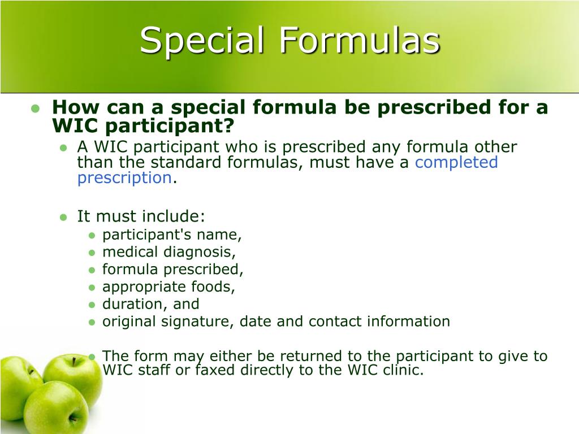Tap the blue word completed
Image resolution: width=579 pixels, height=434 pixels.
coord(456,163)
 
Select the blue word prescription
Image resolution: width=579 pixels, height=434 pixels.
coord(124,178)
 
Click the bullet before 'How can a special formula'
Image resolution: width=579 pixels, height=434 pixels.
coord(35,108)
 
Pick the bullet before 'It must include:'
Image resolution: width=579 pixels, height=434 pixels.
coord(64,216)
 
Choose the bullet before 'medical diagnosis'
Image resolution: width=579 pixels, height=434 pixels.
coord(92,252)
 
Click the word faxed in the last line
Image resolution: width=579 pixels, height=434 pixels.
coord(215,371)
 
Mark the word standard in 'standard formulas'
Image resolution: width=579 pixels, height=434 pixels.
coord(185,163)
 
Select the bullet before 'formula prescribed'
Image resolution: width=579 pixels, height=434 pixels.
coord(92,270)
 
